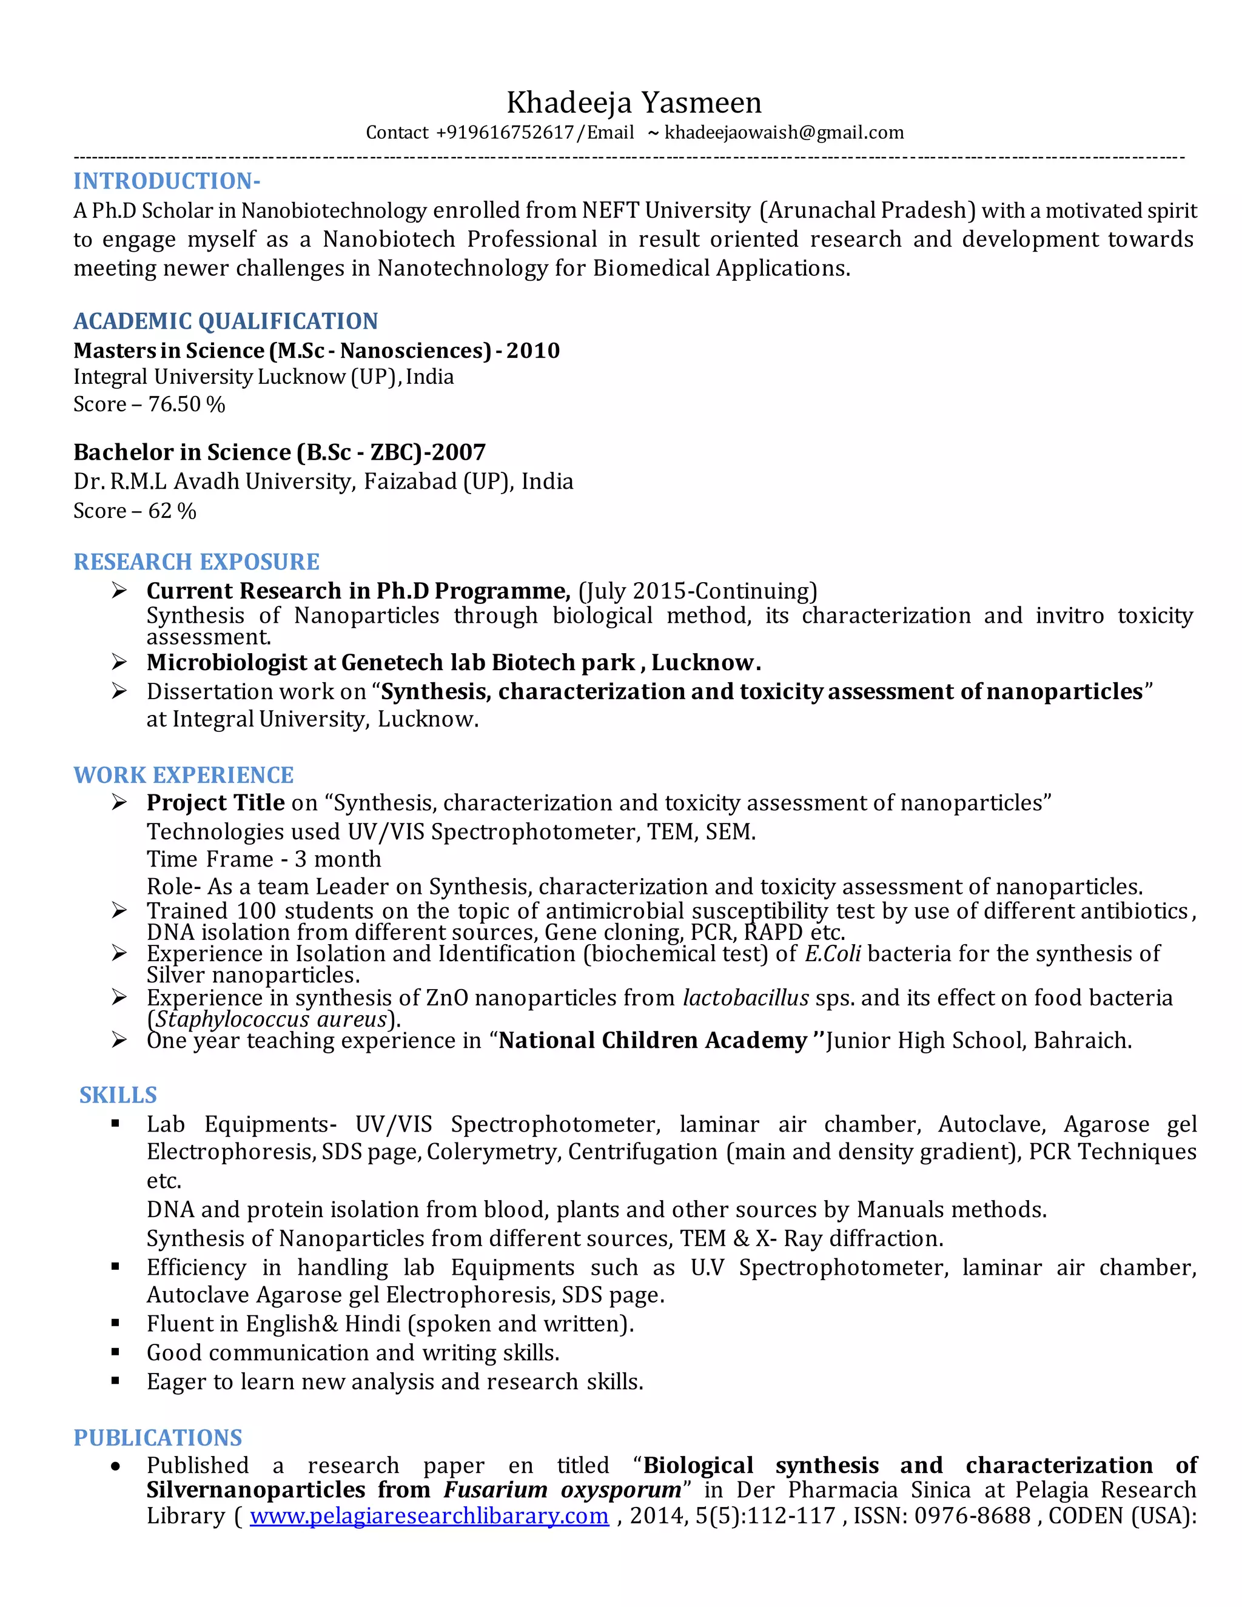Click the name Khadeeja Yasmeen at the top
pyautogui.click(x=634, y=103)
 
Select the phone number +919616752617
pyautogui.click(x=505, y=132)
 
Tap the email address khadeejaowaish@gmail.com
pyautogui.click(x=784, y=132)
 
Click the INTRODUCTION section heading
pyautogui.click(x=167, y=181)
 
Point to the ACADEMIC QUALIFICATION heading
pyautogui.click(x=225, y=321)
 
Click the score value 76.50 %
pyautogui.click(x=187, y=404)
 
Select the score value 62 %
pyautogui.click(x=172, y=511)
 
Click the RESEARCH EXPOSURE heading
pyautogui.click(x=196, y=562)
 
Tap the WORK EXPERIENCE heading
pyautogui.click(x=183, y=775)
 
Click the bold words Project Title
pyautogui.click(x=215, y=803)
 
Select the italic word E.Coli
pyautogui.click(x=832, y=954)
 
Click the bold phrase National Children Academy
pyautogui.click(x=653, y=1041)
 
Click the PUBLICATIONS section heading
pyautogui.click(x=158, y=1437)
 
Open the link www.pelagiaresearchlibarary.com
pyautogui.click(x=429, y=1516)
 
